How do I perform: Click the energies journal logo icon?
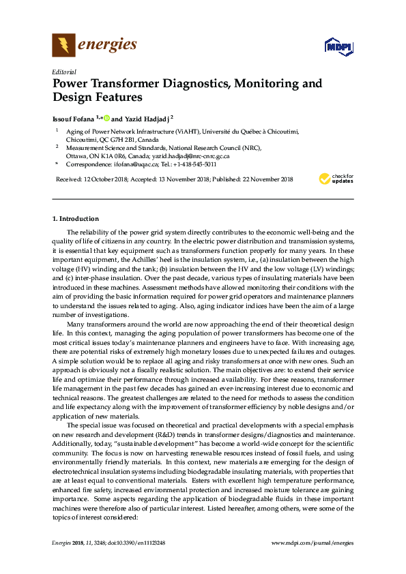point(63,46)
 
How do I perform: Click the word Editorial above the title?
point(63,71)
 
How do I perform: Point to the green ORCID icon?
point(106,117)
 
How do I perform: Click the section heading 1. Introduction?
point(75,220)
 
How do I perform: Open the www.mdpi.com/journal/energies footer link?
point(312,542)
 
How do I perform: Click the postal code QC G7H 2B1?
point(121,138)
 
